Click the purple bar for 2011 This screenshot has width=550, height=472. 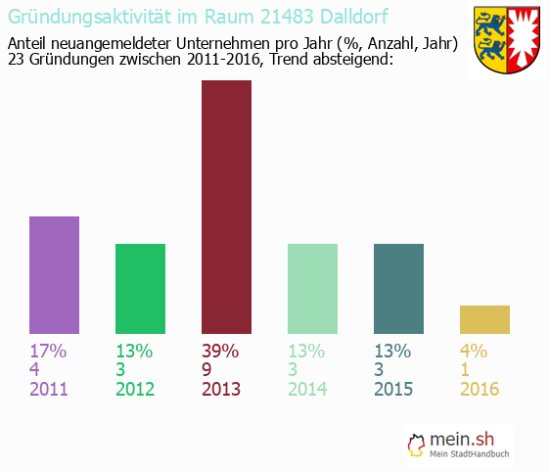pos(54,275)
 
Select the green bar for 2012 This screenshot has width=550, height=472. pos(140,289)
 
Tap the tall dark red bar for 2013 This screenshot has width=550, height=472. pos(226,207)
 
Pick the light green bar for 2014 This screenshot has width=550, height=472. pos(312,289)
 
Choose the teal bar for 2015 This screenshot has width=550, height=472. pos(398,289)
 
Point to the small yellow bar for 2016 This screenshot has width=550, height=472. pos(484,319)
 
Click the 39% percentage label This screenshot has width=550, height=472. pos(221,352)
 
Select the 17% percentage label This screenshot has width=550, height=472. pos(48,352)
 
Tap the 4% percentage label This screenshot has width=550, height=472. pos(474,352)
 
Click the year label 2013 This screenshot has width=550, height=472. pos(221,389)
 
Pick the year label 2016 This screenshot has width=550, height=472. pos(480,389)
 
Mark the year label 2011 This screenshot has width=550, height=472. pos(49,389)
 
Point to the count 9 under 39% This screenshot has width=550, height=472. pos(207,370)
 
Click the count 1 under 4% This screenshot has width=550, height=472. pos(466,370)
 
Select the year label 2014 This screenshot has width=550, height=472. pos(307,389)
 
